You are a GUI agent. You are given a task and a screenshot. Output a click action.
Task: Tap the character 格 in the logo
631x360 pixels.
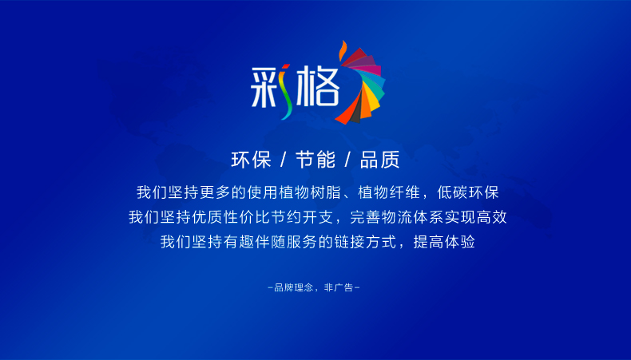coord(317,86)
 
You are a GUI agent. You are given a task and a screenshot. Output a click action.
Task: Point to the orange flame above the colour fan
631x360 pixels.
coord(343,50)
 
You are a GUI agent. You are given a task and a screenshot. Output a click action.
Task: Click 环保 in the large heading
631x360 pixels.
coord(251,160)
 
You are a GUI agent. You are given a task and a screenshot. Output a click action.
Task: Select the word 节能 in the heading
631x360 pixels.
coord(315,160)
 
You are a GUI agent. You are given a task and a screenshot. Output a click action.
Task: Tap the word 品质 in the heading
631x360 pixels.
coord(380,160)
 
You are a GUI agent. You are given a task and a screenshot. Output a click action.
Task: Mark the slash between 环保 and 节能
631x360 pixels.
coord(284,160)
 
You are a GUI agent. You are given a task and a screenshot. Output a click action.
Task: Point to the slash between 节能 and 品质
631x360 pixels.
coord(347,160)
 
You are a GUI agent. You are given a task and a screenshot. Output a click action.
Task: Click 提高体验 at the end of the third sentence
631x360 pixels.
coord(444,242)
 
